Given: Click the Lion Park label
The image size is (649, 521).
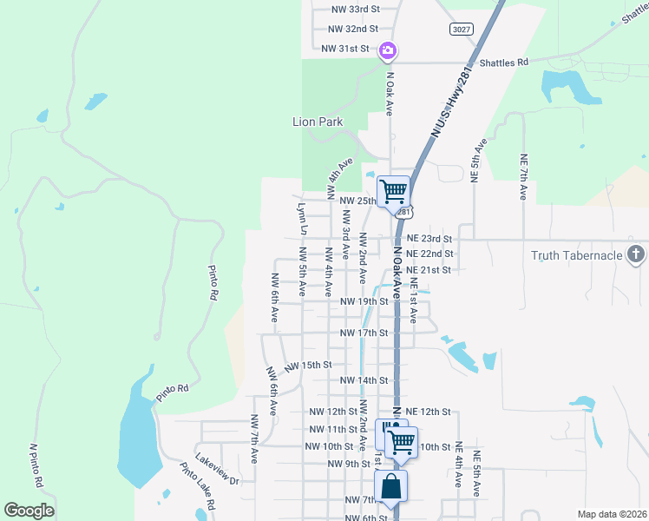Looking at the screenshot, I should [318, 122].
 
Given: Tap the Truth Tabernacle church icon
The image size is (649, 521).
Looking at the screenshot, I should [636, 254].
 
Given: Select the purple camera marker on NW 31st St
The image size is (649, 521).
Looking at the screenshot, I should [388, 51].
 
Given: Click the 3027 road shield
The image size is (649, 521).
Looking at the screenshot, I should [462, 30].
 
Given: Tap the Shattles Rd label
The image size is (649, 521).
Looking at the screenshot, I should [504, 63].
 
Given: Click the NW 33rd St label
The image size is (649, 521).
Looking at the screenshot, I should [356, 9].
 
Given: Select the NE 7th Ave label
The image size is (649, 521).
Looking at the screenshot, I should [523, 176].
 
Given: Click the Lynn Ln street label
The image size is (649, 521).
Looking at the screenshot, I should [302, 219].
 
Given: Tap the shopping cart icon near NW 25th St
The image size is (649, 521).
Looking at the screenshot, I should [393, 190].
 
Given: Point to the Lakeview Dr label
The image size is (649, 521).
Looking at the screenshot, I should [217, 467].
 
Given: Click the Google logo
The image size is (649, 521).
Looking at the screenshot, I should [29, 511].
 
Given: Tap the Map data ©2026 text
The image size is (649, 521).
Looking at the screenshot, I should [611, 514].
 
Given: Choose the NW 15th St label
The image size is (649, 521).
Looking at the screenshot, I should [308, 366].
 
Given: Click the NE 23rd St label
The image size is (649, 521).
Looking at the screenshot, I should [429, 238].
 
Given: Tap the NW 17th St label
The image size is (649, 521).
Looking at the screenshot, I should [364, 333].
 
